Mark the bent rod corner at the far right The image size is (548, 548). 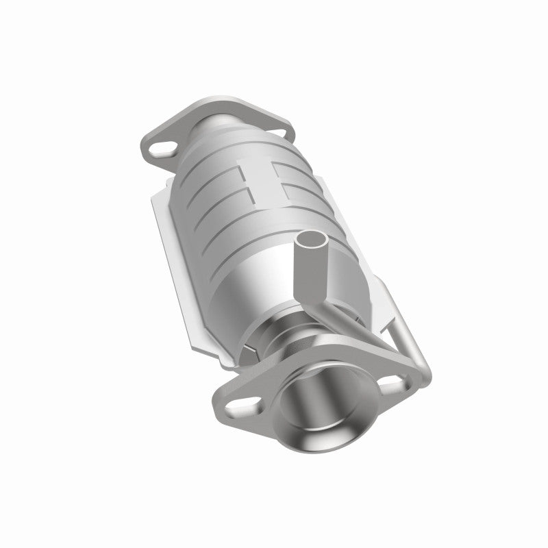[x=425, y=371]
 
